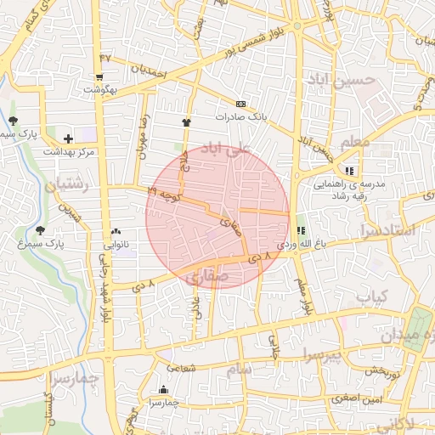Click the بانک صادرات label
point(241,116)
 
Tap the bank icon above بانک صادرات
point(240,104)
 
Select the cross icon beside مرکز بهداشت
point(68,138)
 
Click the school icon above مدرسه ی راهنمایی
point(350,171)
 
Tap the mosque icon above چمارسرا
point(163,390)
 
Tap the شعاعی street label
point(180,368)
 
